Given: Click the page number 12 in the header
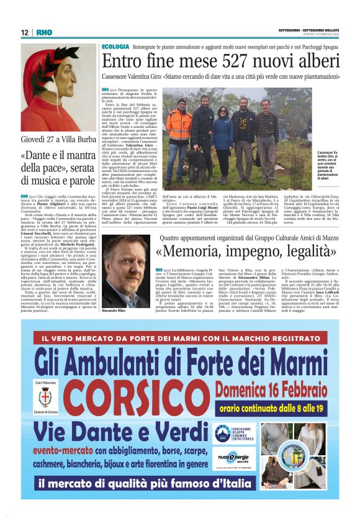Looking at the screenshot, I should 25,32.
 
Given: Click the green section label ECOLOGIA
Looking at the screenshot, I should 115,47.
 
